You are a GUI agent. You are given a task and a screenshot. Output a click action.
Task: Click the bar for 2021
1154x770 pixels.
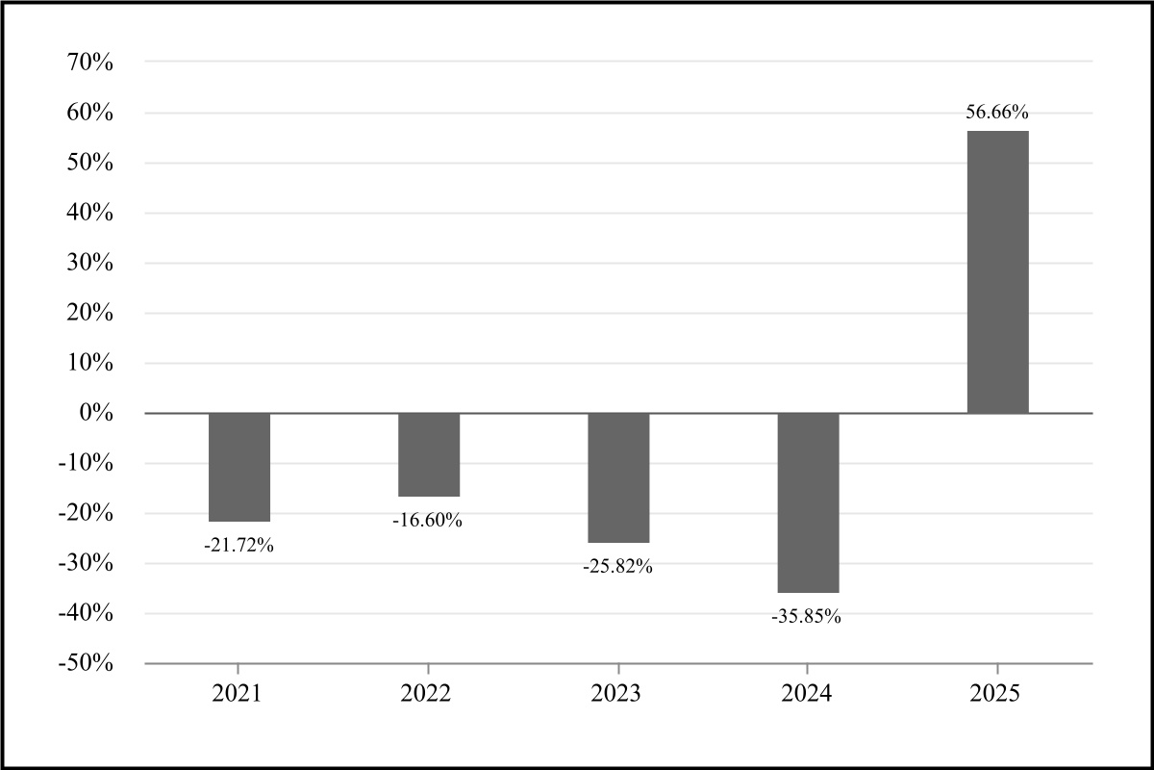[239, 467]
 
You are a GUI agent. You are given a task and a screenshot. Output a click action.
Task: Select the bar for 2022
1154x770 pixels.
[429, 454]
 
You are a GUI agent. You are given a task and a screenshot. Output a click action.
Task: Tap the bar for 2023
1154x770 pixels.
[618, 477]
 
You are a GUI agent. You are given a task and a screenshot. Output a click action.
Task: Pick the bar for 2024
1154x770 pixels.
[808, 502]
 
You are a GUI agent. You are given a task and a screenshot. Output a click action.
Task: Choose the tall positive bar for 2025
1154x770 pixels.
[997, 272]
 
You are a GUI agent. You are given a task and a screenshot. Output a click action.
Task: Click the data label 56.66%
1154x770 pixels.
[997, 113]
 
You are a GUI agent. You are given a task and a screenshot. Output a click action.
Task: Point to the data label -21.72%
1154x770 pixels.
[239, 545]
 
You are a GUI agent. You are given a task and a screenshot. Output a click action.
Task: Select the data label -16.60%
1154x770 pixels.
[428, 521]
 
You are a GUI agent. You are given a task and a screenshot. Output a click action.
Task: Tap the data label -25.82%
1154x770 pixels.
[617, 567]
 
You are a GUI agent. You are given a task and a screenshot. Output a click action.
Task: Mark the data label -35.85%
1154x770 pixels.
[807, 617]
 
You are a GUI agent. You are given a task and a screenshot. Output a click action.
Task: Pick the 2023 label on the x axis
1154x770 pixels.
[617, 693]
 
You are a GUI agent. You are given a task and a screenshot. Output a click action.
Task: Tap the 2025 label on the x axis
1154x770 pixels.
[997, 693]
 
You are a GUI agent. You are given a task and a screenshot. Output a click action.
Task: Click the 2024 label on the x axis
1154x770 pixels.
[807, 693]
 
